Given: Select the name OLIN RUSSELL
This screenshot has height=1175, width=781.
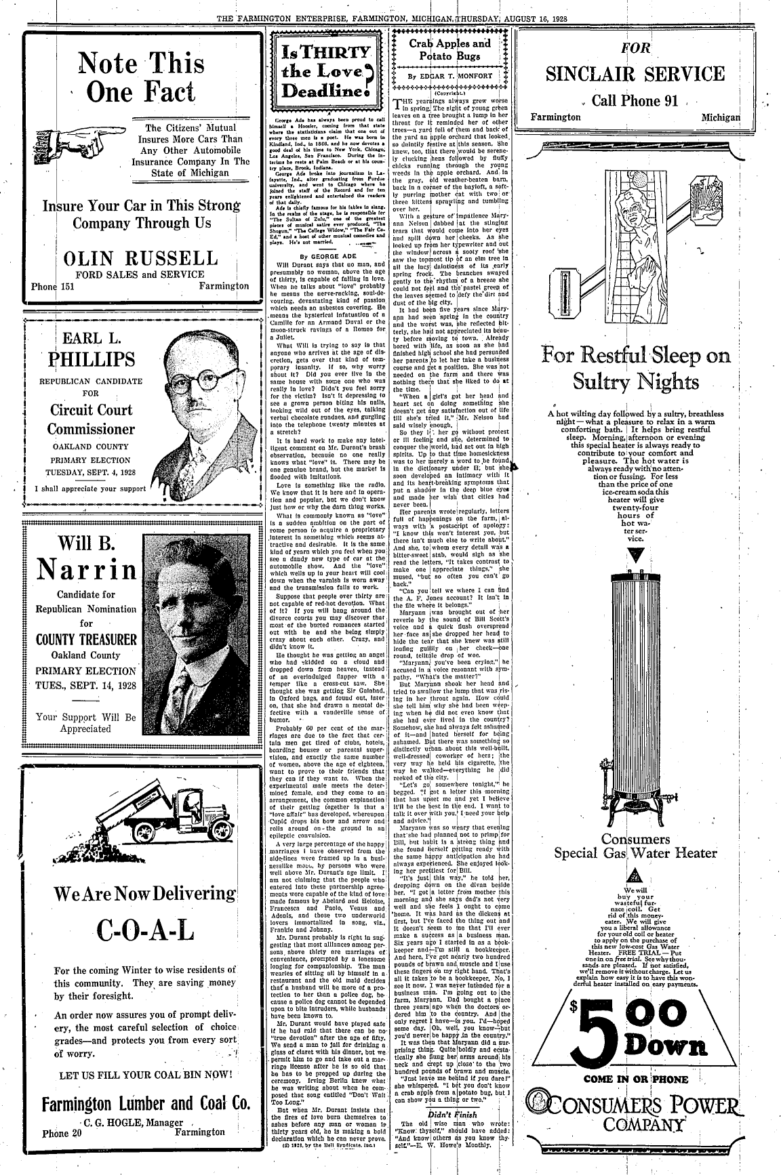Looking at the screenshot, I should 142,259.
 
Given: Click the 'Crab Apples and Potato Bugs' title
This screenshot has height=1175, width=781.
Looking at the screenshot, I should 449,49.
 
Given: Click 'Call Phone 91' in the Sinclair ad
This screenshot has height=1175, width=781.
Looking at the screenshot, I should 635,101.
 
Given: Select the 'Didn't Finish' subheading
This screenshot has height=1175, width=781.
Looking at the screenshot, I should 449,1114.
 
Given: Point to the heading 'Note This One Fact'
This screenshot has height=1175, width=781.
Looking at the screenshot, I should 141,77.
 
